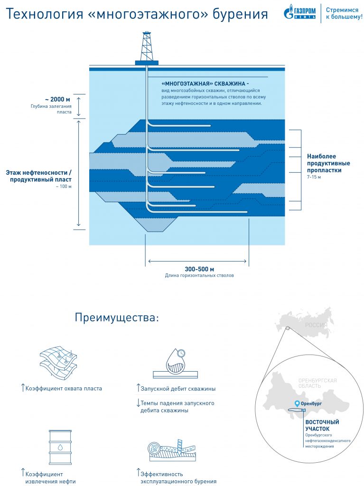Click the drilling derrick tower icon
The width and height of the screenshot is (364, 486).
click(147, 48)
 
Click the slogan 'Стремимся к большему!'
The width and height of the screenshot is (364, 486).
click(344, 13)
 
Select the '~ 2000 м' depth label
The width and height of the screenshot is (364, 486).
click(57, 99)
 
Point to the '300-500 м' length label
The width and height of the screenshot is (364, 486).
click(199, 269)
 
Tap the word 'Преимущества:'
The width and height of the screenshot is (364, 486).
click(116, 318)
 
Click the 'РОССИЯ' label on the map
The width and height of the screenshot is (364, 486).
click(316, 325)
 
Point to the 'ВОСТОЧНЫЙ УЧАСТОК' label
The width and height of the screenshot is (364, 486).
click(322, 425)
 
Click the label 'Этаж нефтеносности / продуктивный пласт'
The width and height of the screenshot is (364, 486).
click(39, 176)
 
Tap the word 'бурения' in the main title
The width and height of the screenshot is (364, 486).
click(242, 14)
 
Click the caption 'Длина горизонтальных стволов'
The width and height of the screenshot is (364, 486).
click(199, 275)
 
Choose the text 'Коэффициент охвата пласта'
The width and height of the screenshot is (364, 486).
click(64, 388)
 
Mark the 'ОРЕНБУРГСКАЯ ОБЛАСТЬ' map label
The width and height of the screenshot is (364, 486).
click(317, 383)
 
